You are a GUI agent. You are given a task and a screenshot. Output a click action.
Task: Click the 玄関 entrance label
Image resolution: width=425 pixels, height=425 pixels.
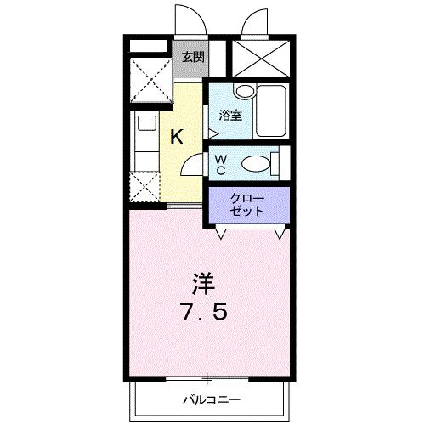click(x=193, y=58)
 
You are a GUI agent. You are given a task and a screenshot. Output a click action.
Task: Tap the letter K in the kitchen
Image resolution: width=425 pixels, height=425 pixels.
click(x=177, y=137)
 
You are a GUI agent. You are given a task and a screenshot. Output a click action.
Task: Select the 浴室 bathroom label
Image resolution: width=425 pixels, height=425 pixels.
click(x=230, y=115)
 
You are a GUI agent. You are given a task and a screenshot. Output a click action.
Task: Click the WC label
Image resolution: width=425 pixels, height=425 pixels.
click(x=220, y=165)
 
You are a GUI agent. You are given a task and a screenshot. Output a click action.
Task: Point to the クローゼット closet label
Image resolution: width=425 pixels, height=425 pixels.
click(x=246, y=205)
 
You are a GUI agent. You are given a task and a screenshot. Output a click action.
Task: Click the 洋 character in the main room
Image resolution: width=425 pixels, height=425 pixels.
click(x=203, y=284)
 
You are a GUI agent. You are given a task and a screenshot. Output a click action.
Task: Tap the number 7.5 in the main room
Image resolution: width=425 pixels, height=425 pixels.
click(x=205, y=311)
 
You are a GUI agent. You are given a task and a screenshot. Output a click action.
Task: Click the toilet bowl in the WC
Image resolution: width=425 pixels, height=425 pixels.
click(x=256, y=164)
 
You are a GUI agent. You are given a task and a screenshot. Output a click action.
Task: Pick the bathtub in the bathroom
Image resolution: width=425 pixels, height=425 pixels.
click(x=271, y=111)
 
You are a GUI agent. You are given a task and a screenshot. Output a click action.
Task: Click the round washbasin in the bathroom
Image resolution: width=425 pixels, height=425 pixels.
click(x=246, y=91)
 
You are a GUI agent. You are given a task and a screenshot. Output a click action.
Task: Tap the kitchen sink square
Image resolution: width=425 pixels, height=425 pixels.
click(x=147, y=123)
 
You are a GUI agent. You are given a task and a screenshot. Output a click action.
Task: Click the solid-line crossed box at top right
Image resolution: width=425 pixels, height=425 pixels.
click(x=261, y=59)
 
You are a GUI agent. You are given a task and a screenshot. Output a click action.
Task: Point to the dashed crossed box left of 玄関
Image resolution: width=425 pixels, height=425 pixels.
click(x=151, y=80)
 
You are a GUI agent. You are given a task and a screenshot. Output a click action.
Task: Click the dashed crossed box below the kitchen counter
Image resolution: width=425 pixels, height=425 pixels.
click(x=144, y=187)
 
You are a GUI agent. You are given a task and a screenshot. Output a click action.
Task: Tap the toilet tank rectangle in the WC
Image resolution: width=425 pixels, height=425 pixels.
click(x=275, y=164)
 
